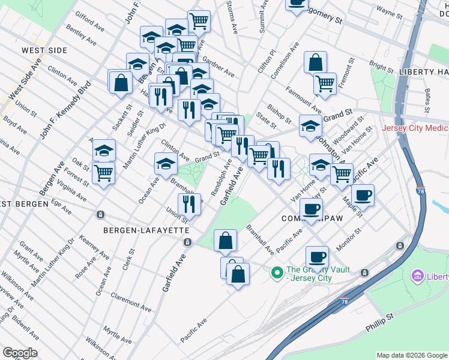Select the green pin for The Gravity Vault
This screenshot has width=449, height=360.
click(277, 273)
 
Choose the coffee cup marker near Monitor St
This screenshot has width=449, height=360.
click(317, 257)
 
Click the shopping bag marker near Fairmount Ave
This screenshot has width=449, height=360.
click(315, 62)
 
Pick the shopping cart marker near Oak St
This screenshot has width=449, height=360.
click(104, 173)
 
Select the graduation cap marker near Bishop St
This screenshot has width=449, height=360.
click(310, 126)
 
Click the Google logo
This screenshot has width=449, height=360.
click(20, 353)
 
